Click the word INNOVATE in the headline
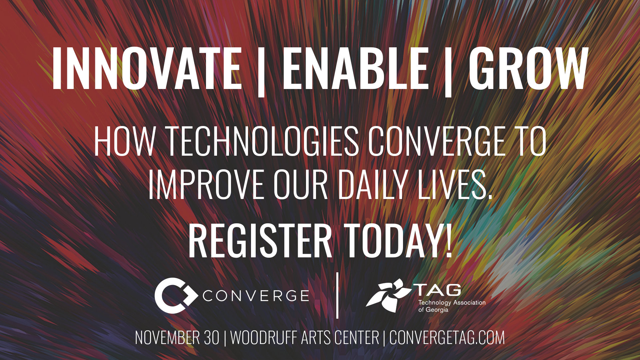(x=147, y=68)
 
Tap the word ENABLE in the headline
(x=355, y=68)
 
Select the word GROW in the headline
(x=528, y=68)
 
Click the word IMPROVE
(x=206, y=184)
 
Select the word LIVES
(x=455, y=184)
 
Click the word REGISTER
(x=260, y=240)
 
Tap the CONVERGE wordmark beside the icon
(x=256, y=296)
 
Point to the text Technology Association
(x=452, y=303)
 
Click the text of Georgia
(x=433, y=310)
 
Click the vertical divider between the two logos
(x=338, y=295)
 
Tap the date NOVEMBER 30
(x=177, y=338)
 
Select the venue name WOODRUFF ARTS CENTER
(x=305, y=338)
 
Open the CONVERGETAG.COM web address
(x=447, y=338)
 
